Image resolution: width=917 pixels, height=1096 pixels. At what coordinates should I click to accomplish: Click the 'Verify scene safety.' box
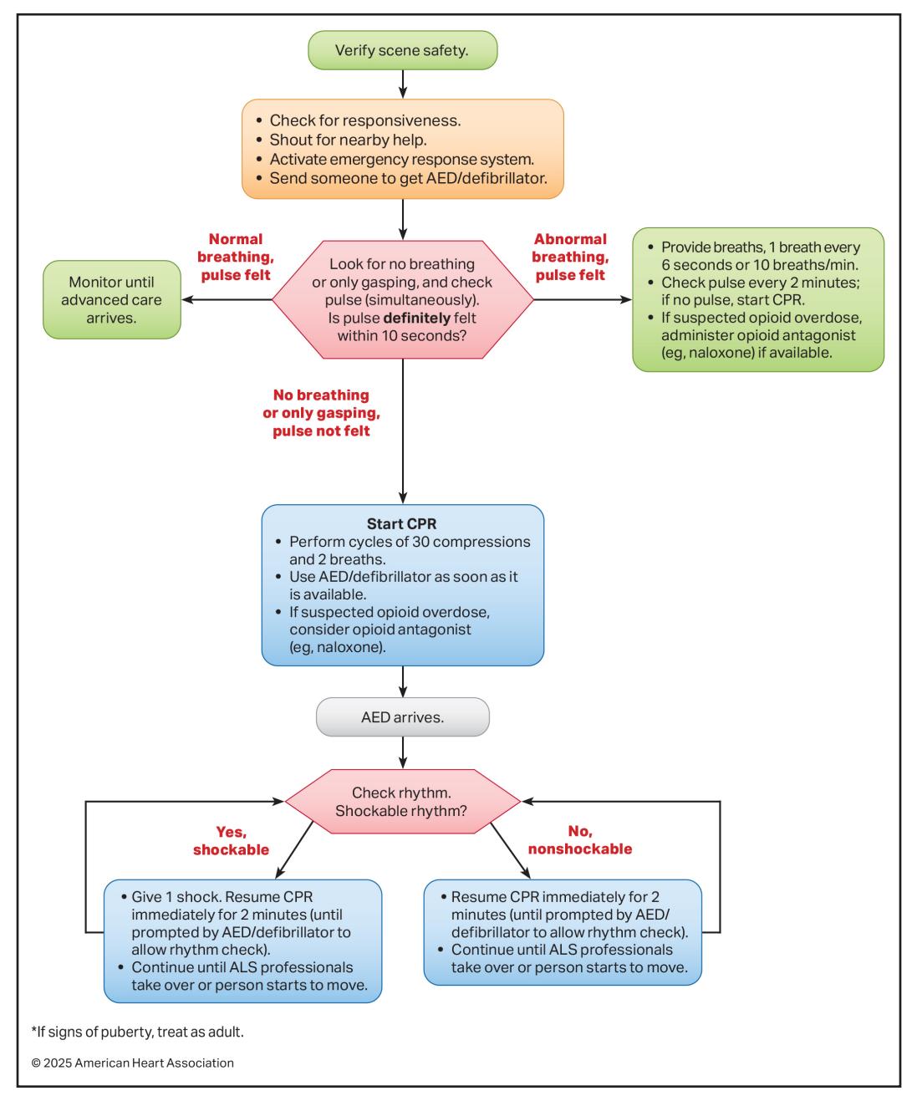pyautogui.click(x=403, y=50)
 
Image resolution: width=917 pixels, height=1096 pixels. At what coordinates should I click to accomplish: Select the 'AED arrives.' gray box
pyautogui.click(x=403, y=717)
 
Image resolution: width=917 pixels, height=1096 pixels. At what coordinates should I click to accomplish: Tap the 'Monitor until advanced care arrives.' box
pyautogui.click(x=112, y=300)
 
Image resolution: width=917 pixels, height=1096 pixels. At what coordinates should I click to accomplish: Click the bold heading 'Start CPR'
pyautogui.click(x=401, y=524)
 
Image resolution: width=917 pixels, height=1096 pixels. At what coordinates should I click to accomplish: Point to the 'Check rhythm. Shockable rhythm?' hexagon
pyautogui.click(x=402, y=802)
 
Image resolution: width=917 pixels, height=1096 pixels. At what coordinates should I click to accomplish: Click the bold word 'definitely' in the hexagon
pyautogui.click(x=417, y=318)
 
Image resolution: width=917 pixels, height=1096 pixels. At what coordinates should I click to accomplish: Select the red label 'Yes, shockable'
pyautogui.click(x=231, y=841)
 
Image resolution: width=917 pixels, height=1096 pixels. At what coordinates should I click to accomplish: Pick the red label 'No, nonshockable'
pyautogui.click(x=580, y=840)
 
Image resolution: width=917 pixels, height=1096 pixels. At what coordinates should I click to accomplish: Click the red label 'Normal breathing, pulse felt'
pyautogui.click(x=236, y=257)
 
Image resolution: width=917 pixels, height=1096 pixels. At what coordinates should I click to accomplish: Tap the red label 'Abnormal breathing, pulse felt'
pyautogui.click(x=571, y=257)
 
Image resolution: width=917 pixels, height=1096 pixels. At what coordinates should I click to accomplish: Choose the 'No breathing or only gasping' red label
pyautogui.click(x=321, y=404)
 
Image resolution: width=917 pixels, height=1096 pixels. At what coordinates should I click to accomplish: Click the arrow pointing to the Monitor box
pyautogui.click(x=227, y=300)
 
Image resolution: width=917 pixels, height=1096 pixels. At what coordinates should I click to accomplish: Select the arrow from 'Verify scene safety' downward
pyautogui.click(x=403, y=84)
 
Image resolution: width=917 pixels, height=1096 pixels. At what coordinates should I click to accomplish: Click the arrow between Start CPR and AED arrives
pyautogui.click(x=403, y=682)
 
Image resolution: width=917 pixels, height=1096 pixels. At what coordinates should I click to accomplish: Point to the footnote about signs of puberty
pyautogui.click(x=138, y=1032)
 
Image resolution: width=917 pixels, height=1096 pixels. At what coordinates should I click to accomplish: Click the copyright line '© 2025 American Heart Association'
pyautogui.click(x=132, y=1063)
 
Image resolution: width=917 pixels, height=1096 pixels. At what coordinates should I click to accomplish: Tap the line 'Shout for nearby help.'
pyautogui.click(x=348, y=140)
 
